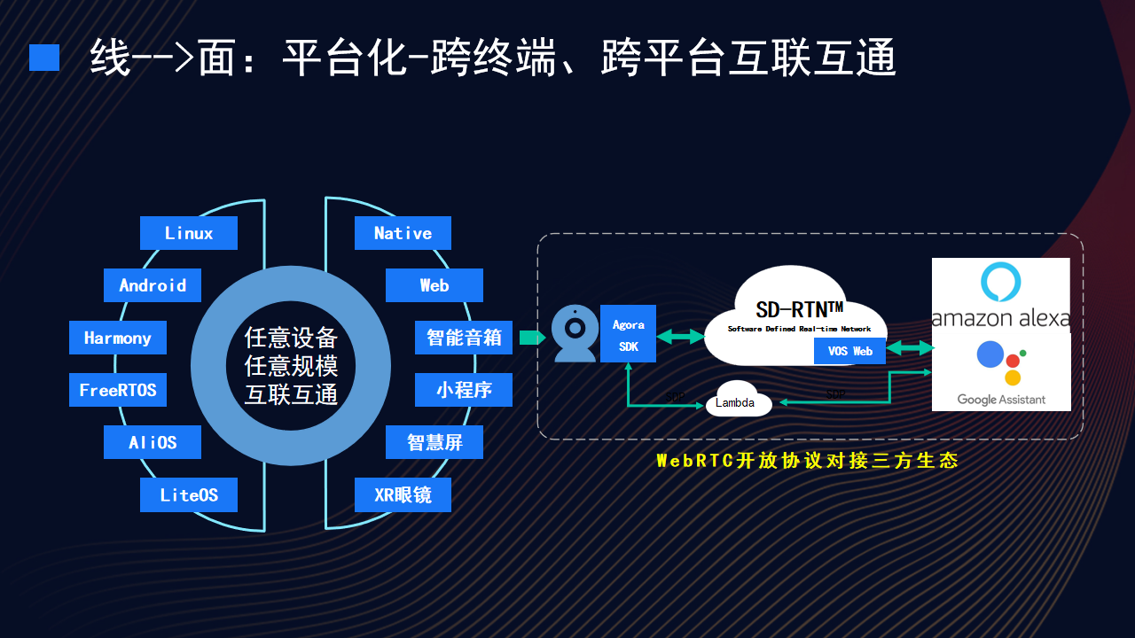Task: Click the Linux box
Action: click(189, 233)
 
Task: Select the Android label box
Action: click(153, 285)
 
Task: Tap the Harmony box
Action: click(118, 338)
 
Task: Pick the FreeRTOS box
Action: click(118, 390)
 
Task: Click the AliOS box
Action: click(153, 442)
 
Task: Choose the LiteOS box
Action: click(189, 494)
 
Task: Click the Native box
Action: click(403, 233)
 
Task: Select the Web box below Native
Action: click(434, 285)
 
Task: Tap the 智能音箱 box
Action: click(464, 338)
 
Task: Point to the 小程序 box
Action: click(464, 390)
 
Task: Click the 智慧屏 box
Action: click(434, 442)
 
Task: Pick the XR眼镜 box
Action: click(403, 494)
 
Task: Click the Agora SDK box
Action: click(629, 335)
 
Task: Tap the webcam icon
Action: click(575, 333)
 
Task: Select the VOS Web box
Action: click(850, 351)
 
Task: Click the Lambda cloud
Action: click(737, 402)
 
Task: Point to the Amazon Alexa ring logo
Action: click(1000, 281)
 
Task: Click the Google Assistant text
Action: click(1001, 400)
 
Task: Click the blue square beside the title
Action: click(44, 58)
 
